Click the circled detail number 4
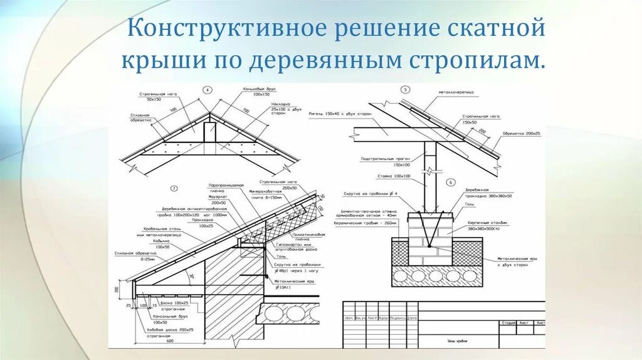[208, 90]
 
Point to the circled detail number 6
[450, 183]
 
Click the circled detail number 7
[174, 188]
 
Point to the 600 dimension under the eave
[170, 341]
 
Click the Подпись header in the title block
[397, 318]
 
